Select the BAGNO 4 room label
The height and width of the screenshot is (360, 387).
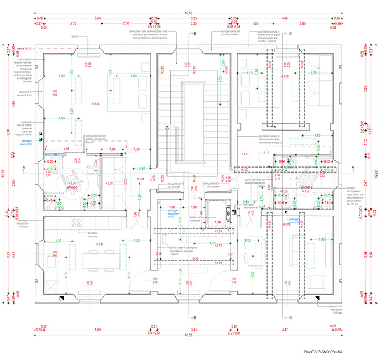tap(308, 188)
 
